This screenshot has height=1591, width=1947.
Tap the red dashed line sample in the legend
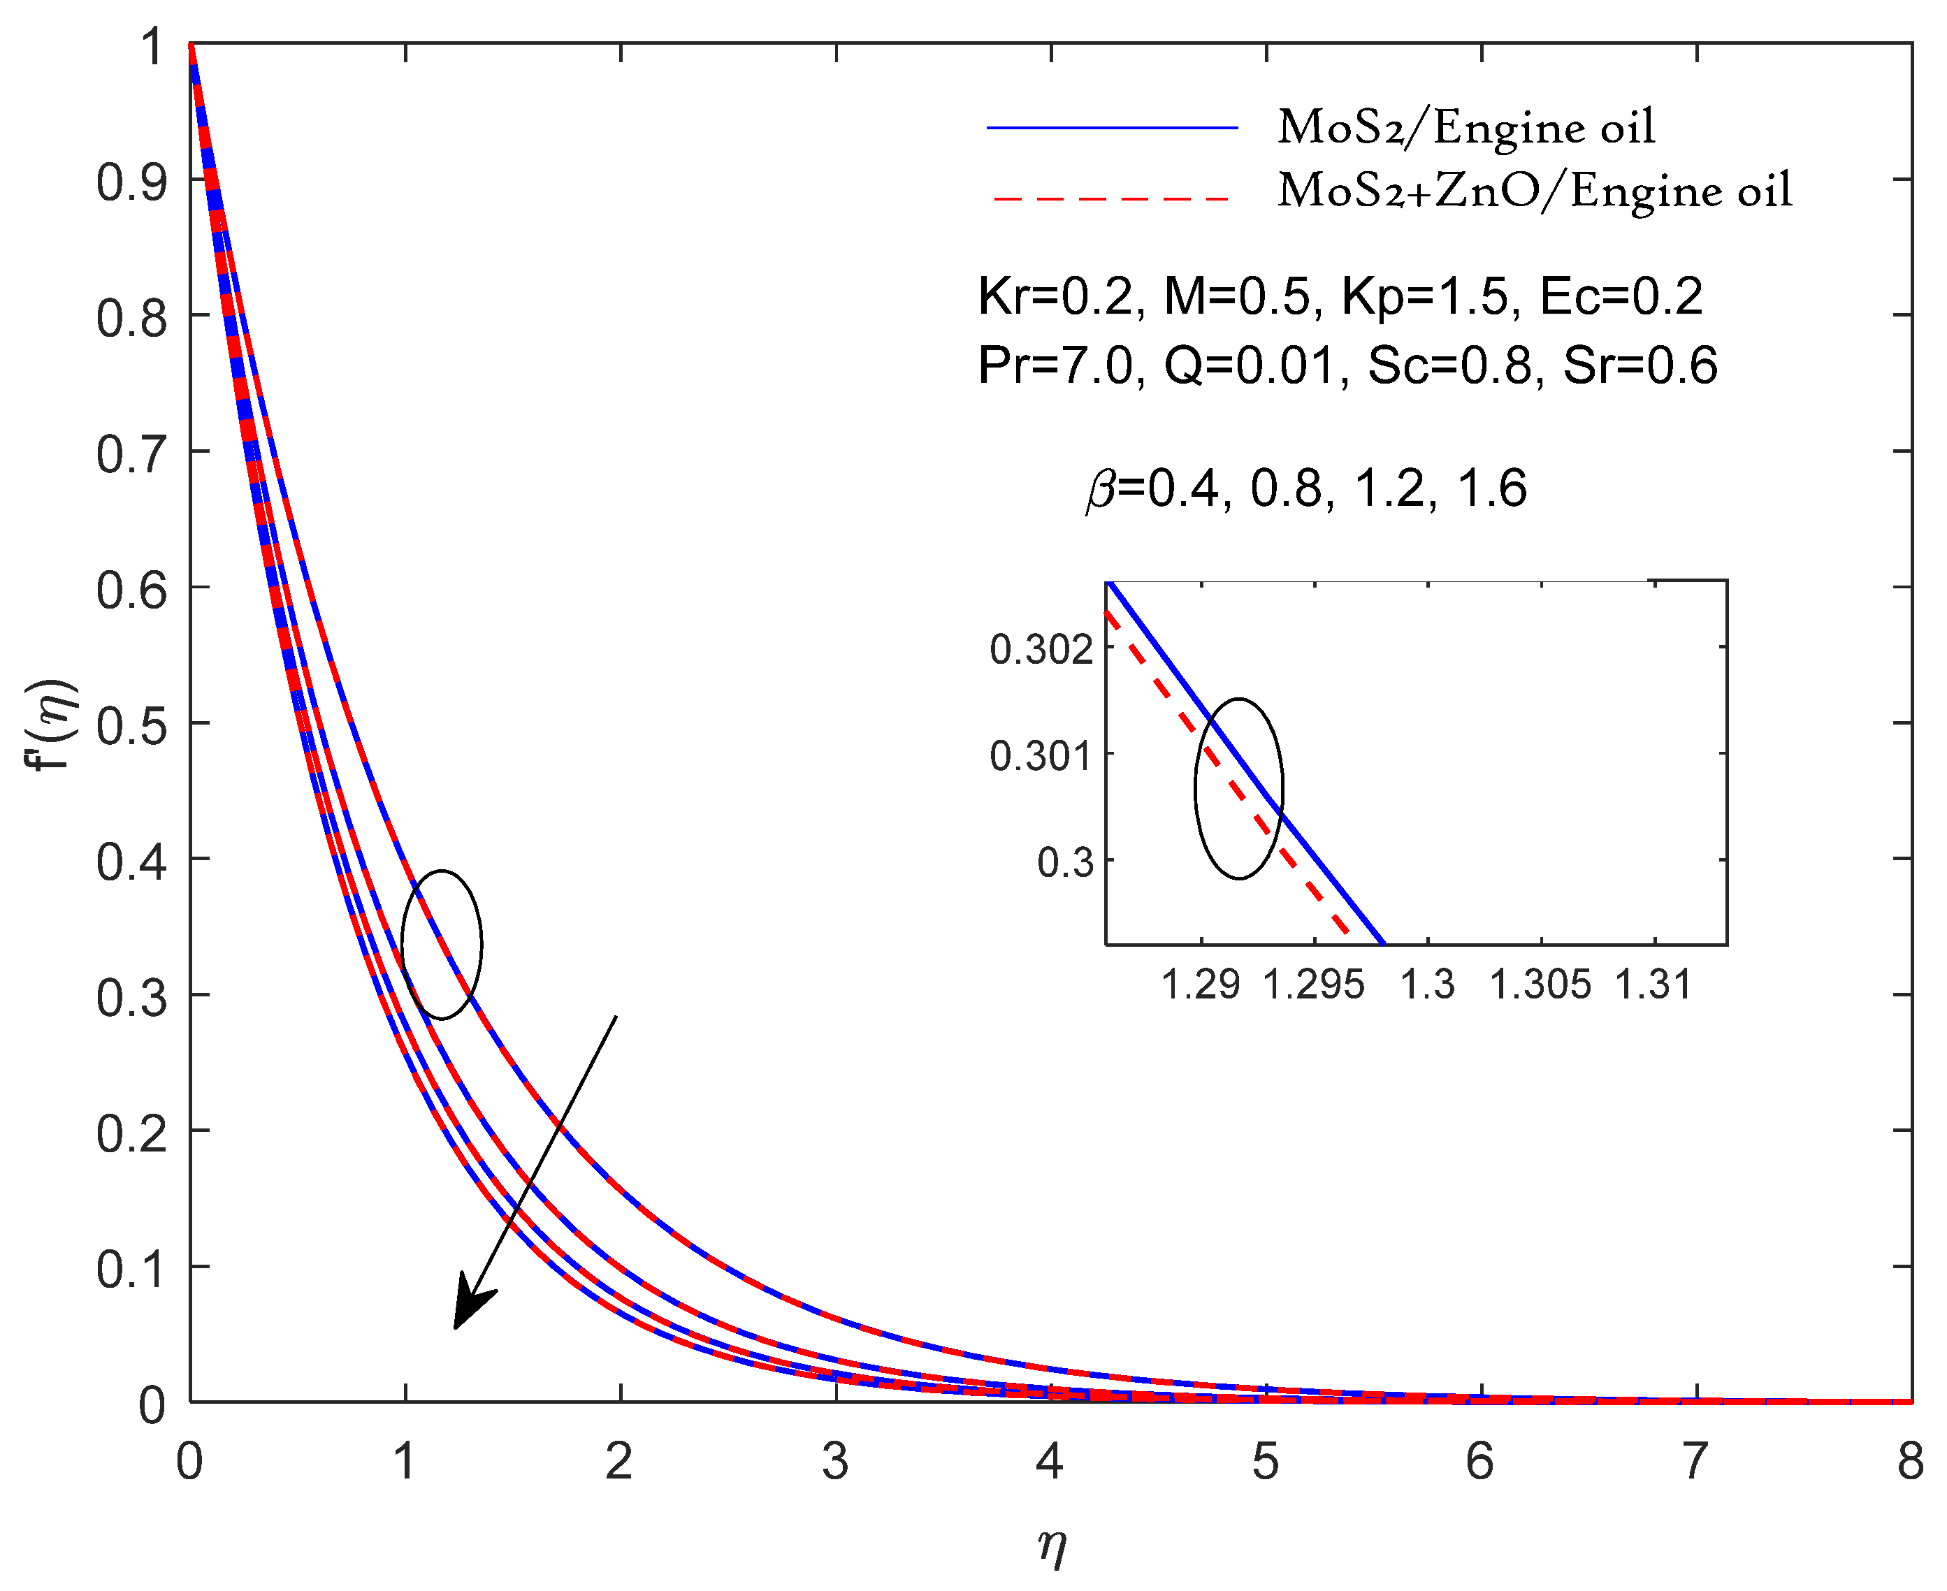point(1111,198)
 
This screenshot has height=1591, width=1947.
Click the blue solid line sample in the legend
point(1111,127)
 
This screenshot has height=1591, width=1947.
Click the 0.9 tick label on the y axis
point(132,182)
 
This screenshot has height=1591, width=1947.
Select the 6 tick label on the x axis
point(1479,1462)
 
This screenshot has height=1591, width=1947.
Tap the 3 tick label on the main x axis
point(834,1462)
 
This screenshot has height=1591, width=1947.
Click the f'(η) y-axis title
point(52,724)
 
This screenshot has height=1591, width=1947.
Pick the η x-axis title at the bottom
point(1051,1546)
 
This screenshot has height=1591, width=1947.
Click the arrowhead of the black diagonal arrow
point(470,1305)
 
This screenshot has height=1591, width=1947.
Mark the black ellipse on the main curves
point(442,944)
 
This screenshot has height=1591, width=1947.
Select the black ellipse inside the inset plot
point(1238,788)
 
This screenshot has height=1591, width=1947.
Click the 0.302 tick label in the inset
point(1041,649)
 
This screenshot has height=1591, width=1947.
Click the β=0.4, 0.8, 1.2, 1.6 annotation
point(1306,488)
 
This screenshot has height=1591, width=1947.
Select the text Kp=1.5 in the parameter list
point(1424,296)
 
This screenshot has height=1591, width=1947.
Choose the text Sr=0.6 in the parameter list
point(1639,365)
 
